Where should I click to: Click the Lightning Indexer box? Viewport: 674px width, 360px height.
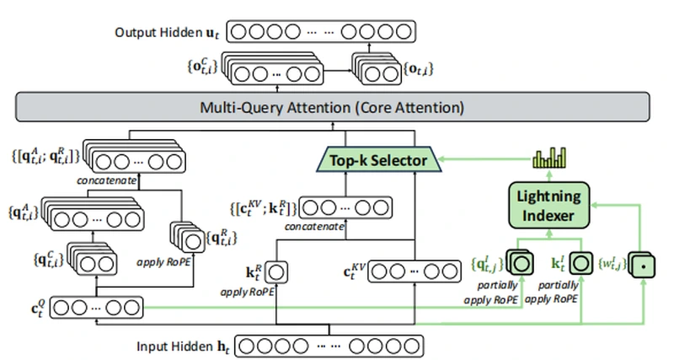pos(549,205)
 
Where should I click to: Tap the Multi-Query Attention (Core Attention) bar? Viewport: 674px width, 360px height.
pos(334,109)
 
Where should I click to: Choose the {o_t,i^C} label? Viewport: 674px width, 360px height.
pos(200,64)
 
